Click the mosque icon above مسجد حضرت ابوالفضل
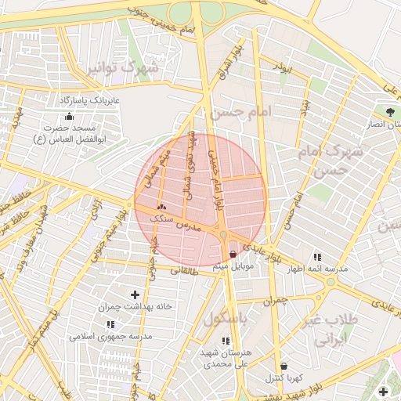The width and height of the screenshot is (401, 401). (70, 117)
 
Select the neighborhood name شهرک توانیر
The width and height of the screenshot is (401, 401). (133, 67)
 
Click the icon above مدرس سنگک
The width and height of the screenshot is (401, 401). (161, 207)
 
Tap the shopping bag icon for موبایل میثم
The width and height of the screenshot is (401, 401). (233, 254)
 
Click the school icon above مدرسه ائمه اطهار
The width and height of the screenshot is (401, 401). (317, 257)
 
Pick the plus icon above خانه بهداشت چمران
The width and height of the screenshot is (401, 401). (135, 294)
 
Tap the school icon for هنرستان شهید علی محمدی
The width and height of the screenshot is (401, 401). (226, 341)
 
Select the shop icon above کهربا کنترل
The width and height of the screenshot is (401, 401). (283, 366)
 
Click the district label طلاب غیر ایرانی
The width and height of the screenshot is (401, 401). (335, 331)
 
